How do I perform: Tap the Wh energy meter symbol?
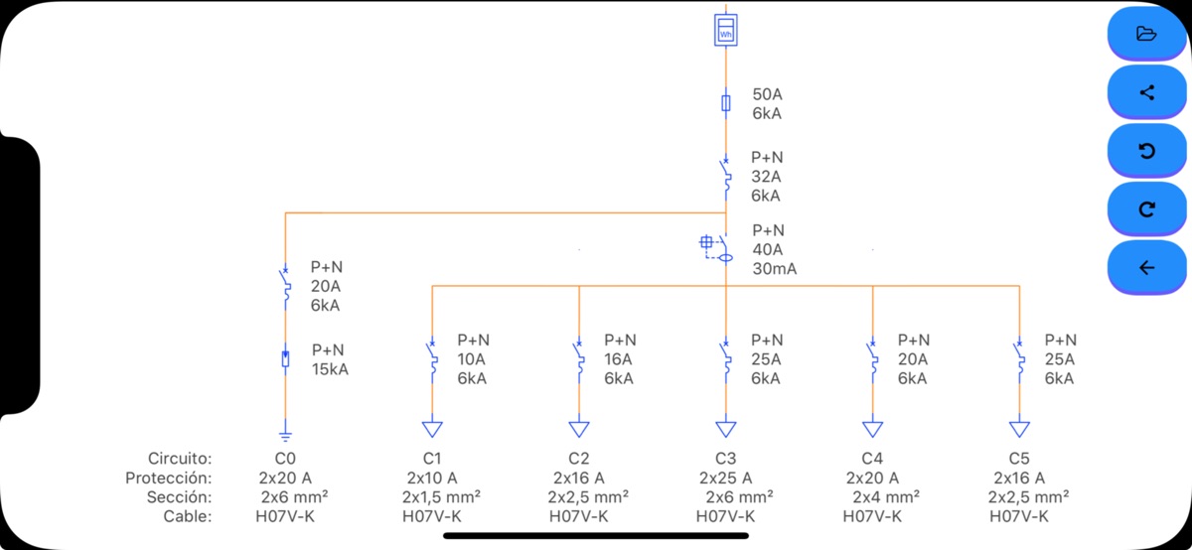tap(726, 30)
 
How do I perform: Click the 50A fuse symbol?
tap(726, 103)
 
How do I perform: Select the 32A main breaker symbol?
tap(726, 176)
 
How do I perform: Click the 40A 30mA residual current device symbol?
tap(719, 249)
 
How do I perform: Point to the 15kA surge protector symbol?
tap(285, 359)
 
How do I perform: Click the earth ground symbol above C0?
tap(285, 433)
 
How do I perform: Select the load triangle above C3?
tap(726, 429)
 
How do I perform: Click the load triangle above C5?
tap(1019, 429)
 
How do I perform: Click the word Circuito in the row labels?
tap(180, 459)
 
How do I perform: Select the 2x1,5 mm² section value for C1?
tap(441, 496)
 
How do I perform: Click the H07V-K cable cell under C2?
tap(579, 516)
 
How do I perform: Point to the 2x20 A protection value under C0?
tap(285, 478)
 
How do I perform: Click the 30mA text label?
tap(775, 269)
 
